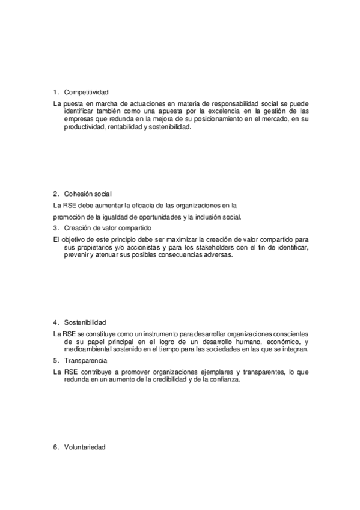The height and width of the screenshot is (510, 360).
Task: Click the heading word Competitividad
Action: [x=86, y=93]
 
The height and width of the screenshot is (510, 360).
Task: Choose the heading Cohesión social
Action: [x=87, y=194]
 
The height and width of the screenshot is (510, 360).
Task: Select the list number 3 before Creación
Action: [x=55, y=228]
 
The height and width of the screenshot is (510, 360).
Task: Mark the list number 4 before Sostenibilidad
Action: [x=55, y=322]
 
